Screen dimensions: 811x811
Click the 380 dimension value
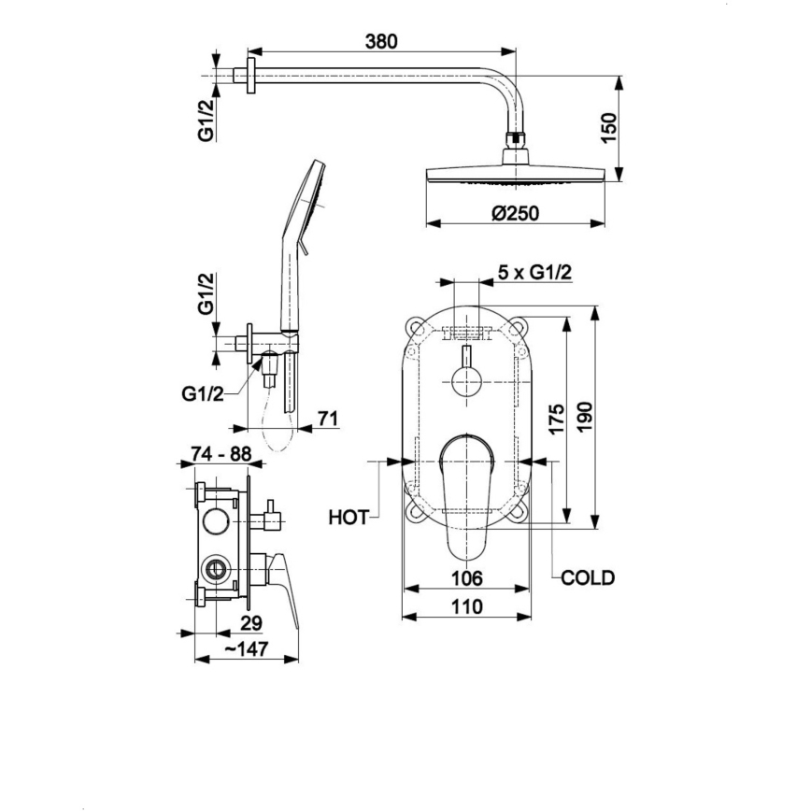381,41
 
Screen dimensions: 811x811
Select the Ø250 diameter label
514,214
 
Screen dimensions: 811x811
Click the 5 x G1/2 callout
534,272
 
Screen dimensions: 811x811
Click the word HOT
349,515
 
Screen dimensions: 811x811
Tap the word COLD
588,578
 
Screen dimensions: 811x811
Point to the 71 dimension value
327,420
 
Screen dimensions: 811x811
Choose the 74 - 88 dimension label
220,453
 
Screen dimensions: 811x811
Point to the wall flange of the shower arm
249,76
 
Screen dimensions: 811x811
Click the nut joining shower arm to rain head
515,142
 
